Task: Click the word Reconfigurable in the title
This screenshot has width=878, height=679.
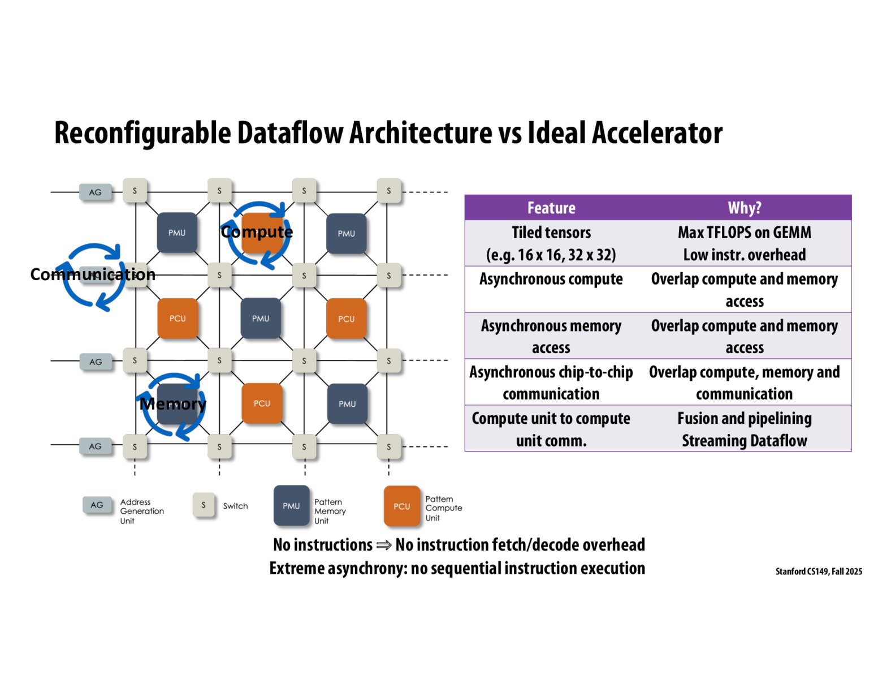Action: pyautogui.click(x=143, y=134)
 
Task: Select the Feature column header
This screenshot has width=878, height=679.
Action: pyautogui.click(x=551, y=208)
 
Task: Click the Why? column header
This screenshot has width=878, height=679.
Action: pyautogui.click(x=744, y=208)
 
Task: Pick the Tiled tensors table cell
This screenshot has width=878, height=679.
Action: pyautogui.click(x=551, y=243)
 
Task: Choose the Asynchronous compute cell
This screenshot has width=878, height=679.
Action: pyautogui.click(x=551, y=280)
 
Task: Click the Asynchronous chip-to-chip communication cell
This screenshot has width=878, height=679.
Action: pyautogui.click(x=551, y=383)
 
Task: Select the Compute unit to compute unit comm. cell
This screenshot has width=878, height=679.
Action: pyautogui.click(x=551, y=429)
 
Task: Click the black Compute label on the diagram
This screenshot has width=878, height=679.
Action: pyautogui.click(x=257, y=232)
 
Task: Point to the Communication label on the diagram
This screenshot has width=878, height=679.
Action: pyautogui.click(x=93, y=274)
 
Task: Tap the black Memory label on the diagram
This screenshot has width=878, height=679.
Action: pyautogui.click(x=173, y=404)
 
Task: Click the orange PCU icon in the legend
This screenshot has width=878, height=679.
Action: pyautogui.click(x=402, y=506)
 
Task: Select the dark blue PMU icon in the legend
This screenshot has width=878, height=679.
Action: pyautogui.click(x=291, y=506)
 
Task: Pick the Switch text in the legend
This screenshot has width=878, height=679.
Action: pyautogui.click(x=235, y=506)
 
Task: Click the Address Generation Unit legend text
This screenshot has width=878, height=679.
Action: pyautogui.click(x=141, y=511)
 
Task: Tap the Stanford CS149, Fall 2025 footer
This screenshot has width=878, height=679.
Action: pyautogui.click(x=819, y=571)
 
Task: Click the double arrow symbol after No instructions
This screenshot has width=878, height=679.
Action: pyautogui.click(x=384, y=545)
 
